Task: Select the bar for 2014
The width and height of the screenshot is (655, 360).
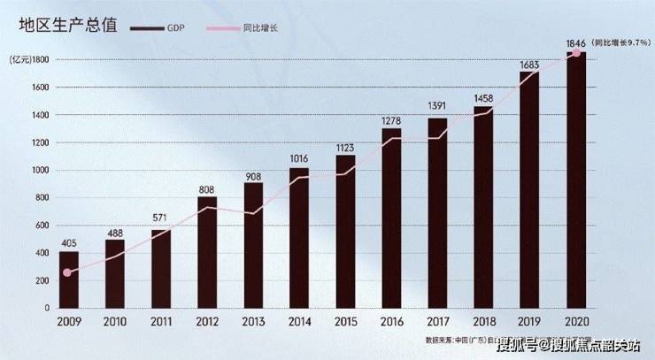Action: click(x=299, y=238)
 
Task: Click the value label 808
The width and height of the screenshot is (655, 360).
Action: click(x=206, y=188)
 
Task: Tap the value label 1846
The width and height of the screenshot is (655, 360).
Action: click(x=575, y=42)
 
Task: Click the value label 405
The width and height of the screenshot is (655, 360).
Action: click(x=69, y=243)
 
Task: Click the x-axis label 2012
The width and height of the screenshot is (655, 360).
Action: click(x=207, y=322)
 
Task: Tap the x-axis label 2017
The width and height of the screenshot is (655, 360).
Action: click(x=438, y=322)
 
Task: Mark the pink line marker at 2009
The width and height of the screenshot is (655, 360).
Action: click(x=68, y=272)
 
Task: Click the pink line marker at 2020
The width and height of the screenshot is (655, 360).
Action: click(x=576, y=53)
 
